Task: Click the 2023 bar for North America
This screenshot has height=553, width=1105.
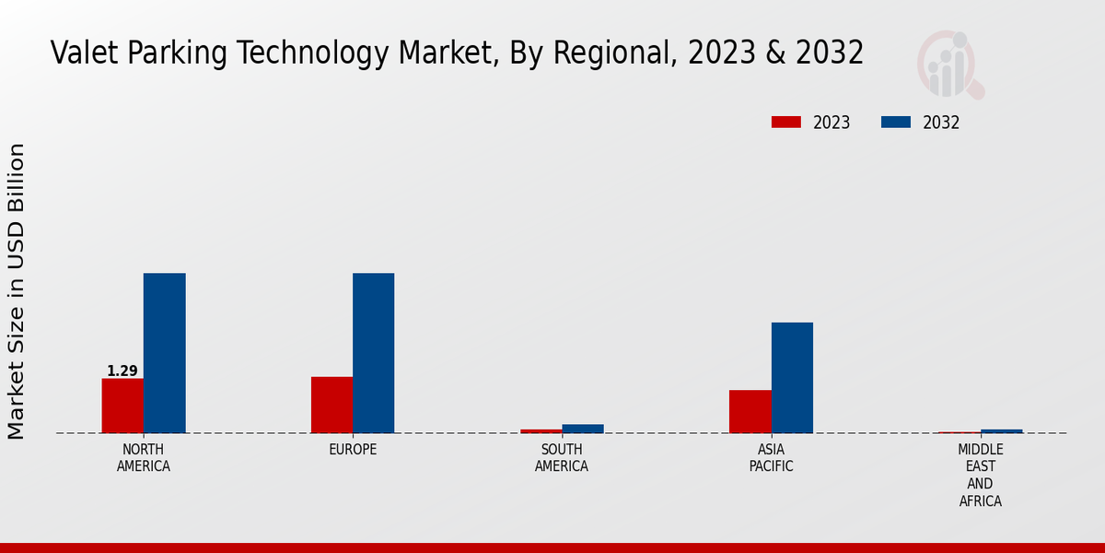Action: pyautogui.click(x=122, y=406)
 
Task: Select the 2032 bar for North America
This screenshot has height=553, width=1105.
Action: pyautogui.click(x=165, y=353)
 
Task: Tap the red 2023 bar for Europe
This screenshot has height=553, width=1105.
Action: pyautogui.click(x=331, y=405)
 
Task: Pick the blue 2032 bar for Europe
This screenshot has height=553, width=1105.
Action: pyautogui.click(x=374, y=353)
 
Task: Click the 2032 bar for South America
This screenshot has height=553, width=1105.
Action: pyautogui.click(x=583, y=429)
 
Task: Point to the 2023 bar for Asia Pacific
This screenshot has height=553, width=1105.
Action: pyautogui.click(x=750, y=411)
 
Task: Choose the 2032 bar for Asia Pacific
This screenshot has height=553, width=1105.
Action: pyautogui.click(x=792, y=378)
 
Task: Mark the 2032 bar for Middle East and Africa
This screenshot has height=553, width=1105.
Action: pyautogui.click(x=1002, y=430)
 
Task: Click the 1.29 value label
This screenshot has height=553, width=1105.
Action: pyautogui.click(x=122, y=371)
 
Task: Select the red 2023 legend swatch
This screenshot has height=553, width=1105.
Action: pyautogui.click(x=785, y=123)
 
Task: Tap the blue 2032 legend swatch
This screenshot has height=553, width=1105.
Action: pyautogui.click(x=896, y=123)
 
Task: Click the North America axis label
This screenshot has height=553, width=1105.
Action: pyautogui.click(x=144, y=458)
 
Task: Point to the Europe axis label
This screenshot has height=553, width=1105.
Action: pyautogui.click(x=353, y=450)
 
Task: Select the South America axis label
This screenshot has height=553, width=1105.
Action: pyautogui.click(x=562, y=458)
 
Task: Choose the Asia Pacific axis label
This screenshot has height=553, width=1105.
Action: pyautogui.click(x=771, y=458)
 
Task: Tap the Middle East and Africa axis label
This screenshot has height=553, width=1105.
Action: pyautogui.click(x=980, y=476)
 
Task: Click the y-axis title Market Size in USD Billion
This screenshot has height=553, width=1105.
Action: pyautogui.click(x=17, y=291)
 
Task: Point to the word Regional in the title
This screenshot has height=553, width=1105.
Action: pyautogui.click(x=609, y=53)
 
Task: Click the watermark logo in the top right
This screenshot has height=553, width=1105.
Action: pyautogui.click(x=949, y=65)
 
